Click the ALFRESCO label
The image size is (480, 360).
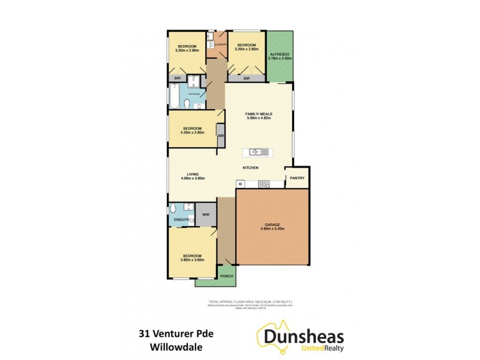click(x=278, y=54)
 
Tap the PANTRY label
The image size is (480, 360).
click(x=297, y=178)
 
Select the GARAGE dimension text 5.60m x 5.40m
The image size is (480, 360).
click(x=272, y=229)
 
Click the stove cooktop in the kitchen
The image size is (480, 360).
click(x=264, y=184)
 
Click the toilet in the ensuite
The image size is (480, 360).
click(x=173, y=209)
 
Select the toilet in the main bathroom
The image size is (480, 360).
click(x=187, y=106)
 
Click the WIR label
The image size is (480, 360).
click(x=205, y=214)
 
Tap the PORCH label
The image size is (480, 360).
click(x=226, y=276)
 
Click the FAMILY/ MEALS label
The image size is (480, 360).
click(x=259, y=114)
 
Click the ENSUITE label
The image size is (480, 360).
click(x=182, y=220)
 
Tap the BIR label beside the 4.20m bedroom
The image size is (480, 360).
click(x=221, y=136)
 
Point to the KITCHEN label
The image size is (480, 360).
click(x=250, y=167)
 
